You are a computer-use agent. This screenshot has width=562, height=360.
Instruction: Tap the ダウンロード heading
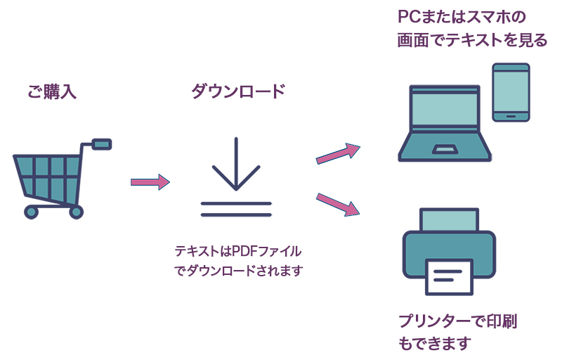click(238, 92)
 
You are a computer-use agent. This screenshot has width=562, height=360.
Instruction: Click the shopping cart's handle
click(102, 144)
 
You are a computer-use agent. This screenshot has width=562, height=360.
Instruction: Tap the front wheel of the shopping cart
click(31, 212)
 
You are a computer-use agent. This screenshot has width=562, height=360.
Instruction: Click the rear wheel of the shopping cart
click(76, 212)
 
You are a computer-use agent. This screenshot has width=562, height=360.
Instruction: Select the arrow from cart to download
click(150, 182)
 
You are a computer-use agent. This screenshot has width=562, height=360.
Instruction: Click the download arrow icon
click(236, 176)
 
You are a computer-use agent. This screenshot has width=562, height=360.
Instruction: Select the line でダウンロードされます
click(237, 270)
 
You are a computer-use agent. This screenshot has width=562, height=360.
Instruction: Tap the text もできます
click(433, 344)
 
